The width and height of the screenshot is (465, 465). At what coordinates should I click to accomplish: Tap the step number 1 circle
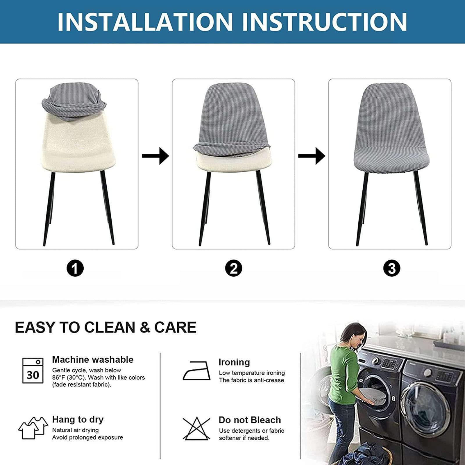(75, 268)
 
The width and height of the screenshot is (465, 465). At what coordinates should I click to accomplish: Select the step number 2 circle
(234, 268)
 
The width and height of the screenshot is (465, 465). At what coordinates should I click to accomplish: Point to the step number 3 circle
(392, 268)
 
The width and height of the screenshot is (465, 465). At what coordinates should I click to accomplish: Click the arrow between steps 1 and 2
(155, 156)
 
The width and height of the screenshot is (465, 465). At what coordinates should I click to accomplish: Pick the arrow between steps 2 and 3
(312, 156)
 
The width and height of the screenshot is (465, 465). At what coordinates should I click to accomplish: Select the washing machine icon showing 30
(33, 371)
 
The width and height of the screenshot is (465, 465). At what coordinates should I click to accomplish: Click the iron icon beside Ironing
(196, 371)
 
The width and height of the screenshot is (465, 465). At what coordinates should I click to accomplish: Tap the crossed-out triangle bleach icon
(196, 428)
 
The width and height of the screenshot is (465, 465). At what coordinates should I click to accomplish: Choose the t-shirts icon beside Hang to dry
(33, 428)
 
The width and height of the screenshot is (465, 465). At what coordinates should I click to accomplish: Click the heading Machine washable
(93, 360)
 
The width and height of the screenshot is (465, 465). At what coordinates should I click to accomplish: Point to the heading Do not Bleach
(250, 420)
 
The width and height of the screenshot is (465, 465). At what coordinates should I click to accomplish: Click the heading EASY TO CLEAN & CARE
(105, 327)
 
